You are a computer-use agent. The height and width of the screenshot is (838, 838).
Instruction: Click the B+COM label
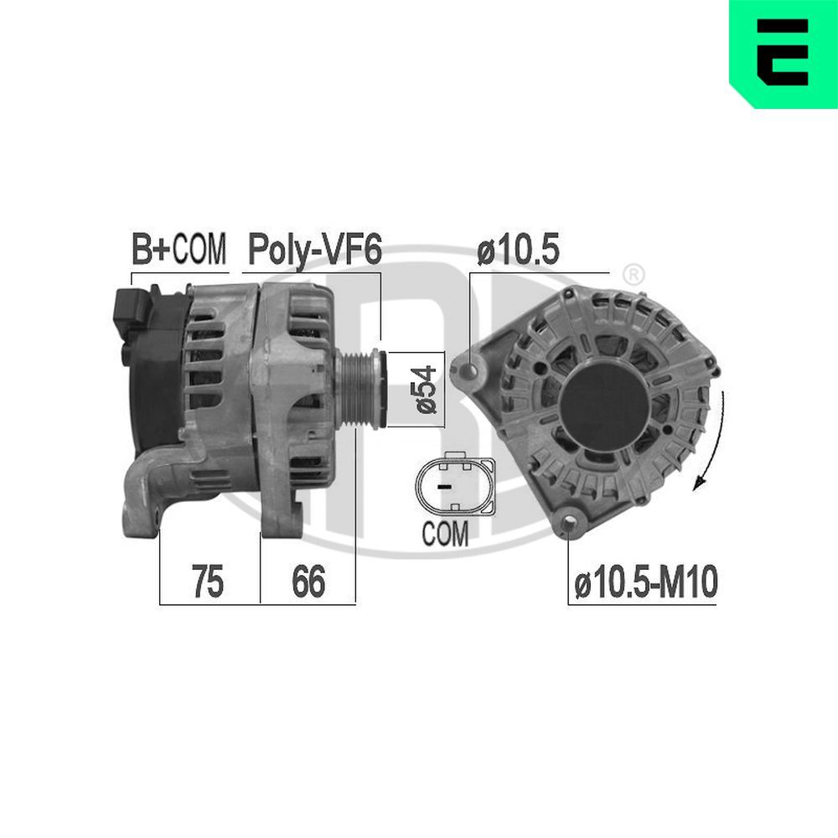pos(178,249)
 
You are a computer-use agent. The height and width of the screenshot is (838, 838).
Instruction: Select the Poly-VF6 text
pos(314,249)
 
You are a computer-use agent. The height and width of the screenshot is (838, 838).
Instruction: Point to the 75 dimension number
pos(208,582)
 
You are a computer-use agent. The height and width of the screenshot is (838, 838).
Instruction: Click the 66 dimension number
pos(308,582)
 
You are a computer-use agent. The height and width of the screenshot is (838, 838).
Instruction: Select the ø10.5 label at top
pos(518,249)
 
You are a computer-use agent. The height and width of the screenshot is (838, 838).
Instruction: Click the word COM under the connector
pos(445,535)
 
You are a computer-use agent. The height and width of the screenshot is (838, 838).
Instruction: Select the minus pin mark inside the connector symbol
pos(445,485)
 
